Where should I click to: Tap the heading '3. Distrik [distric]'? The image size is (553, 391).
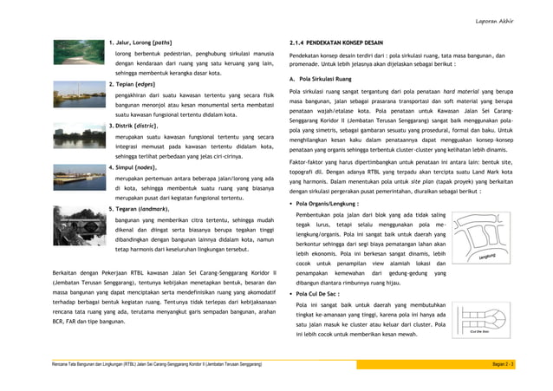click(140, 127)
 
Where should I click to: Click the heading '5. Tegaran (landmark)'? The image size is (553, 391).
click(144, 210)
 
